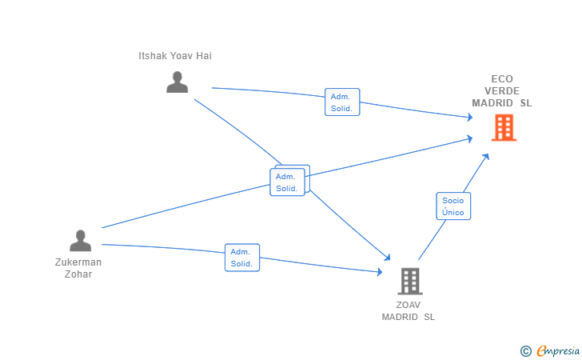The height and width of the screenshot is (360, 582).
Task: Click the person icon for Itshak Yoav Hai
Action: (177, 82)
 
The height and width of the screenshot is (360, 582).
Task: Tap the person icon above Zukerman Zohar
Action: (80, 240)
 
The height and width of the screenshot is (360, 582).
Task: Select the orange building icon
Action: (504, 127)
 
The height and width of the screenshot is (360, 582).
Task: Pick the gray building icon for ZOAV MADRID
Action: (410, 281)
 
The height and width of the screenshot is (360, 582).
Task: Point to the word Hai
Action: (204, 56)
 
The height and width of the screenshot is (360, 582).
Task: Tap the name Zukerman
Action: (78, 262)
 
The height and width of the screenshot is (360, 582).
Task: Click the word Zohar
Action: (78, 274)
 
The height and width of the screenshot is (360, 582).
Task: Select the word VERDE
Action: (502, 90)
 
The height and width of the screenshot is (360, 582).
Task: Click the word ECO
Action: (502, 78)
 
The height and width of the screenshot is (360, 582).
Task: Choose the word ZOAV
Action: (409, 305)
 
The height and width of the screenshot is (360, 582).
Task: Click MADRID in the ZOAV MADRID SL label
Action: (400, 317)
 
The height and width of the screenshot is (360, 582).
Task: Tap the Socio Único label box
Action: (453, 206)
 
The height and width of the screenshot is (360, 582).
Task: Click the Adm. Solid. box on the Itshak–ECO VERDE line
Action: (342, 102)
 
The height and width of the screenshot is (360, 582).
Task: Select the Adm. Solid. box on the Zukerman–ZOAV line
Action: (242, 258)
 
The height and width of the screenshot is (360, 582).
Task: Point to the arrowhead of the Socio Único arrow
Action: (486, 157)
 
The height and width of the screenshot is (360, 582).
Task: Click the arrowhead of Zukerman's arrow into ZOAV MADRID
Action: (380, 271)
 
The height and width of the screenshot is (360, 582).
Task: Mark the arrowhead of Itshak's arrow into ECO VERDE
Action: (470, 118)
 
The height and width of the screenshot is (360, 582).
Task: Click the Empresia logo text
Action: (558, 350)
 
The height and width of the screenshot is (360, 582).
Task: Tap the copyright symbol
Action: (525, 351)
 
